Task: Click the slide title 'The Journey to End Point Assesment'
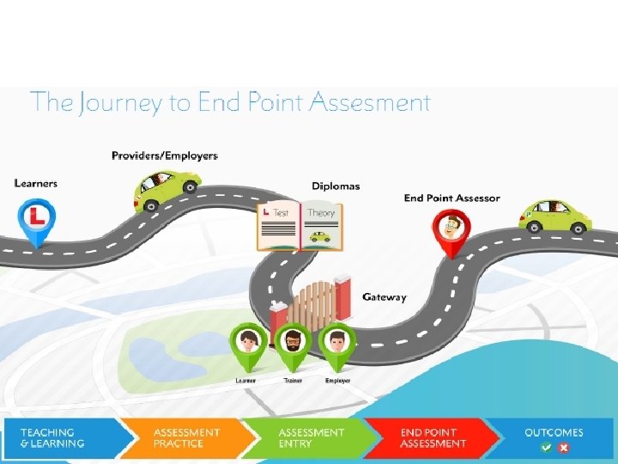[230, 103]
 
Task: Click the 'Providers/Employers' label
[165, 156]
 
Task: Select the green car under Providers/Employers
[167, 188]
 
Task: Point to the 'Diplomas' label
[336, 186]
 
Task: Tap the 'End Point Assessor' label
[451, 198]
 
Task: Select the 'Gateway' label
[385, 297]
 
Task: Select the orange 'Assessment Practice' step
[184, 438]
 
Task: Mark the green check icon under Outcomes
[546, 448]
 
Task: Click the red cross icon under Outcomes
[564, 448]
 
